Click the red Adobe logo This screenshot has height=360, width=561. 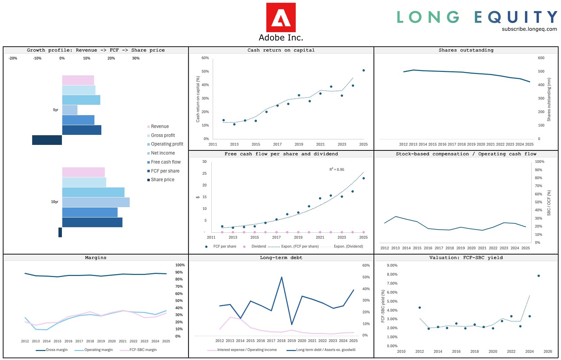(x=280, y=18)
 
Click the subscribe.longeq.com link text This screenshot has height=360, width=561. (x=529, y=29)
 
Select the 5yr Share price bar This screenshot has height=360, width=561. (x=47, y=140)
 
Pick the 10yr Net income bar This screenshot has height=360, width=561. (x=96, y=202)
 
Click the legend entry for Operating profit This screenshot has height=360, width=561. (x=167, y=144)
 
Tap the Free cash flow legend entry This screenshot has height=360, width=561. (x=165, y=162)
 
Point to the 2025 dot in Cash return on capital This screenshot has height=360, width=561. (x=364, y=71)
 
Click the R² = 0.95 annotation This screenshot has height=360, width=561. (x=337, y=169)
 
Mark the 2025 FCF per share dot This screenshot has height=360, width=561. (x=364, y=178)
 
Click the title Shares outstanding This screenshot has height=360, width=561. (x=466, y=50)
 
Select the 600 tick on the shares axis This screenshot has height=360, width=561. (x=541, y=58)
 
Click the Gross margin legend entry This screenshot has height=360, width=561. (x=56, y=350)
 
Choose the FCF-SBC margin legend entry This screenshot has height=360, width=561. (x=143, y=350)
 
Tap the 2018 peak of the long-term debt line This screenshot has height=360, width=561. (x=282, y=277)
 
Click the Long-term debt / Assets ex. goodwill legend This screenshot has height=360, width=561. (x=325, y=350)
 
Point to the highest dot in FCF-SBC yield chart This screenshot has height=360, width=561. (x=539, y=276)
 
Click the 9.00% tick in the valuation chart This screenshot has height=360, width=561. (x=392, y=266)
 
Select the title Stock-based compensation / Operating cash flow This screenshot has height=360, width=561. (x=466, y=154)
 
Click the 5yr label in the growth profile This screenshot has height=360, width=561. (x=56, y=110)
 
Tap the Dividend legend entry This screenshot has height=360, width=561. (x=258, y=247)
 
